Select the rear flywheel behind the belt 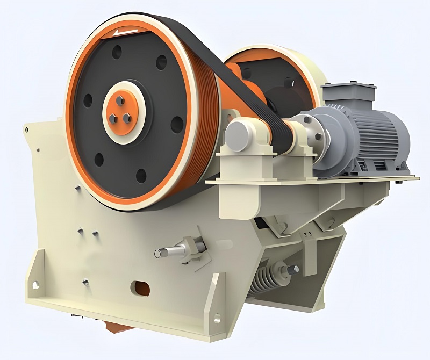279,75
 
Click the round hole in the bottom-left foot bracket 35,285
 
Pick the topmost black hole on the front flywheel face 117,53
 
